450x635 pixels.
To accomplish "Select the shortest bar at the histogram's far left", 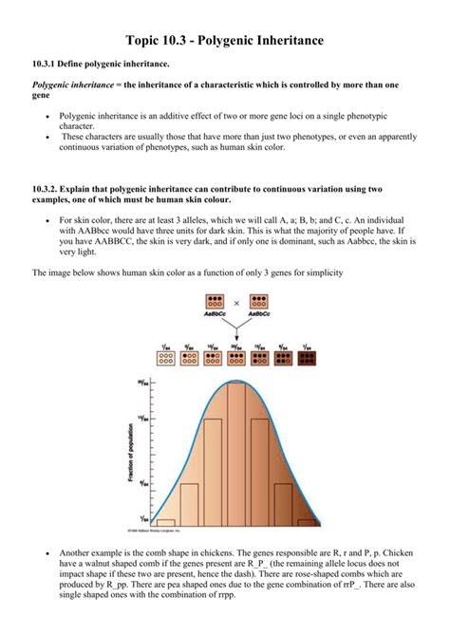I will (166, 521).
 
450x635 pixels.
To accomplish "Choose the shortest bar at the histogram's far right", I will (306, 521).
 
